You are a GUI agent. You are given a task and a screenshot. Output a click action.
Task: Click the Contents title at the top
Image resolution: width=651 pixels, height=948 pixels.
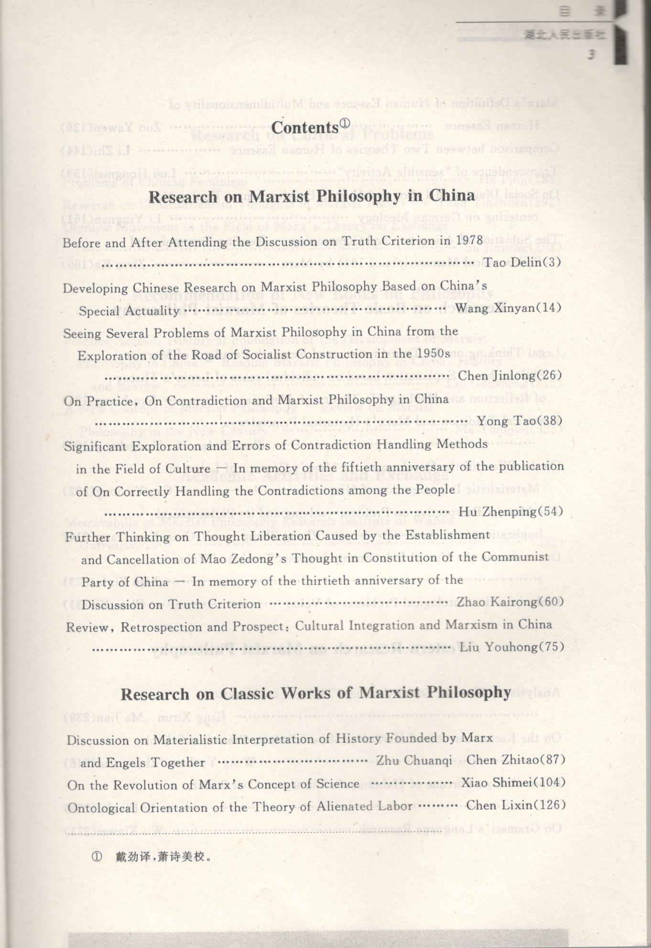point(305,128)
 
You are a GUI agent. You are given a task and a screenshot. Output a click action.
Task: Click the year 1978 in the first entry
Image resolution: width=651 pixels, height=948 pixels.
point(470,240)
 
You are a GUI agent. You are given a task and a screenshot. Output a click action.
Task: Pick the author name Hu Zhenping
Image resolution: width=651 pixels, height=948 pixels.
point(497,512)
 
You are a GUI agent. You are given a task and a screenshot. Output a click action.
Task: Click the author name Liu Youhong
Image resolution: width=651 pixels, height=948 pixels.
point(499,647)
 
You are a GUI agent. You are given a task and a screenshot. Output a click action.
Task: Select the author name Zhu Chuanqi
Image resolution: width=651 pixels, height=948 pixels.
point(414,761)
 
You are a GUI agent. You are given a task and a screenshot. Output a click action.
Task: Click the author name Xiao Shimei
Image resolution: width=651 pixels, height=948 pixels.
point(496,783)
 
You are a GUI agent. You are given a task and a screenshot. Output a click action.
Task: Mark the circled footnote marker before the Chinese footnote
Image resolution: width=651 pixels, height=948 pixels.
point(97,856)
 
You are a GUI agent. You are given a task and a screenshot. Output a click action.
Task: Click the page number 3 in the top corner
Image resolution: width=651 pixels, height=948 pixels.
point(591,54)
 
